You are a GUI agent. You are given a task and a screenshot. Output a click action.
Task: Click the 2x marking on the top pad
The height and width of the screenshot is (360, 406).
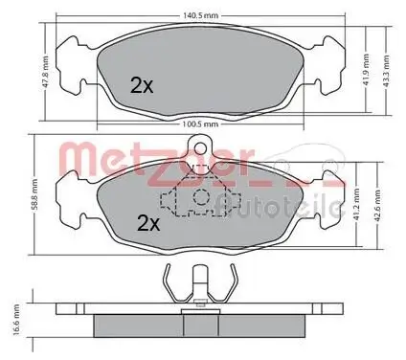tap(142, 85)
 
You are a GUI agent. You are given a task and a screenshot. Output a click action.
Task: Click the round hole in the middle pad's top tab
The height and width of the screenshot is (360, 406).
tap(200, 147)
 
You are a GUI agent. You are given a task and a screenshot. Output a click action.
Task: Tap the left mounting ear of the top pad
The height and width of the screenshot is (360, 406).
tap(72, 56)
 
